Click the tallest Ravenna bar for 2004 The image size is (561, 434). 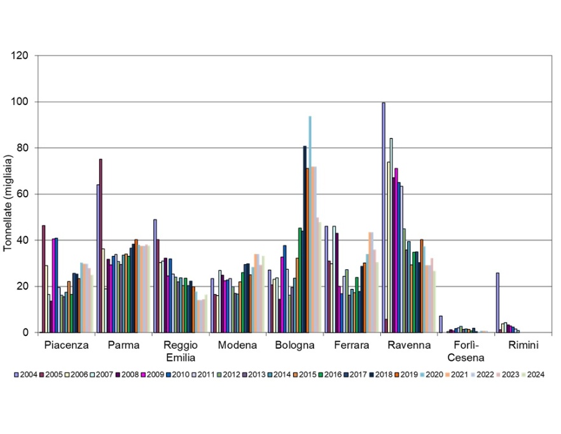[383, 217]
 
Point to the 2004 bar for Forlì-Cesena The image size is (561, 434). [440, 324]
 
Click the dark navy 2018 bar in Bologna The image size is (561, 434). [305, 239]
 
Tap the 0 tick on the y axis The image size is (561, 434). [26, 332]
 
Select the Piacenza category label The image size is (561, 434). [66, 346]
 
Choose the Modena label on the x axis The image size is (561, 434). [237, 346]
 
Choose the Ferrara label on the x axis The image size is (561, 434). [352, 346]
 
